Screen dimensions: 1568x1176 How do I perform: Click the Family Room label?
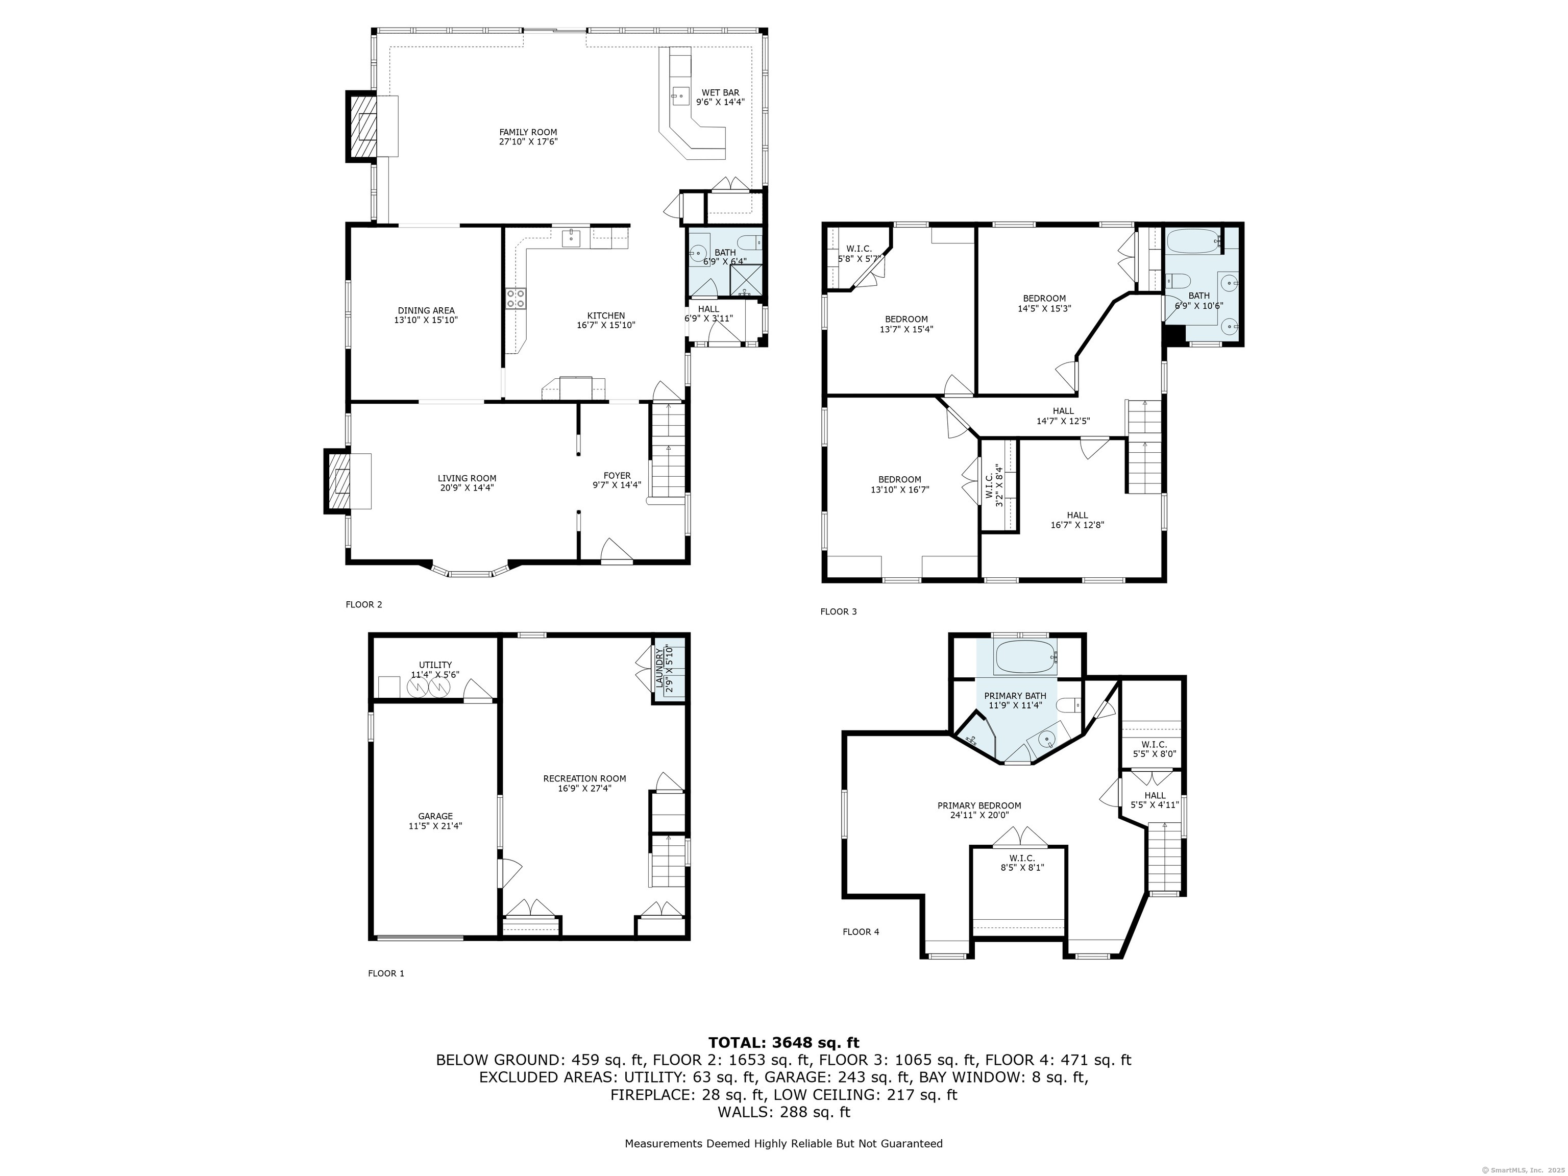tap(528, 137)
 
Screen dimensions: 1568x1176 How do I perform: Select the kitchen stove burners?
tap(516, 299)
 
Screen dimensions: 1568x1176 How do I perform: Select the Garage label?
tap(435, 821)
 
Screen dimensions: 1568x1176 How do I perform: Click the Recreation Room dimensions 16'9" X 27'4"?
tap(585, 788)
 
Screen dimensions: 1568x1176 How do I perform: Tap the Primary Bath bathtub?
tap(1025, 657)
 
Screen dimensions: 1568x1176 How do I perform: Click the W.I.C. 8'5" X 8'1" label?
tap(1022, 863)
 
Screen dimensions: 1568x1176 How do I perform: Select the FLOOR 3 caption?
tap(839, 611)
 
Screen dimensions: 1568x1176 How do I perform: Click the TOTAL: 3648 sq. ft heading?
tap(783, 1042)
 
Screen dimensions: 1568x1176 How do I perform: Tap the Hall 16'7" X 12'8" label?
tap(1077, 520)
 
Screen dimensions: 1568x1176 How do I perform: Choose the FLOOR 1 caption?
tap(386, 973)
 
